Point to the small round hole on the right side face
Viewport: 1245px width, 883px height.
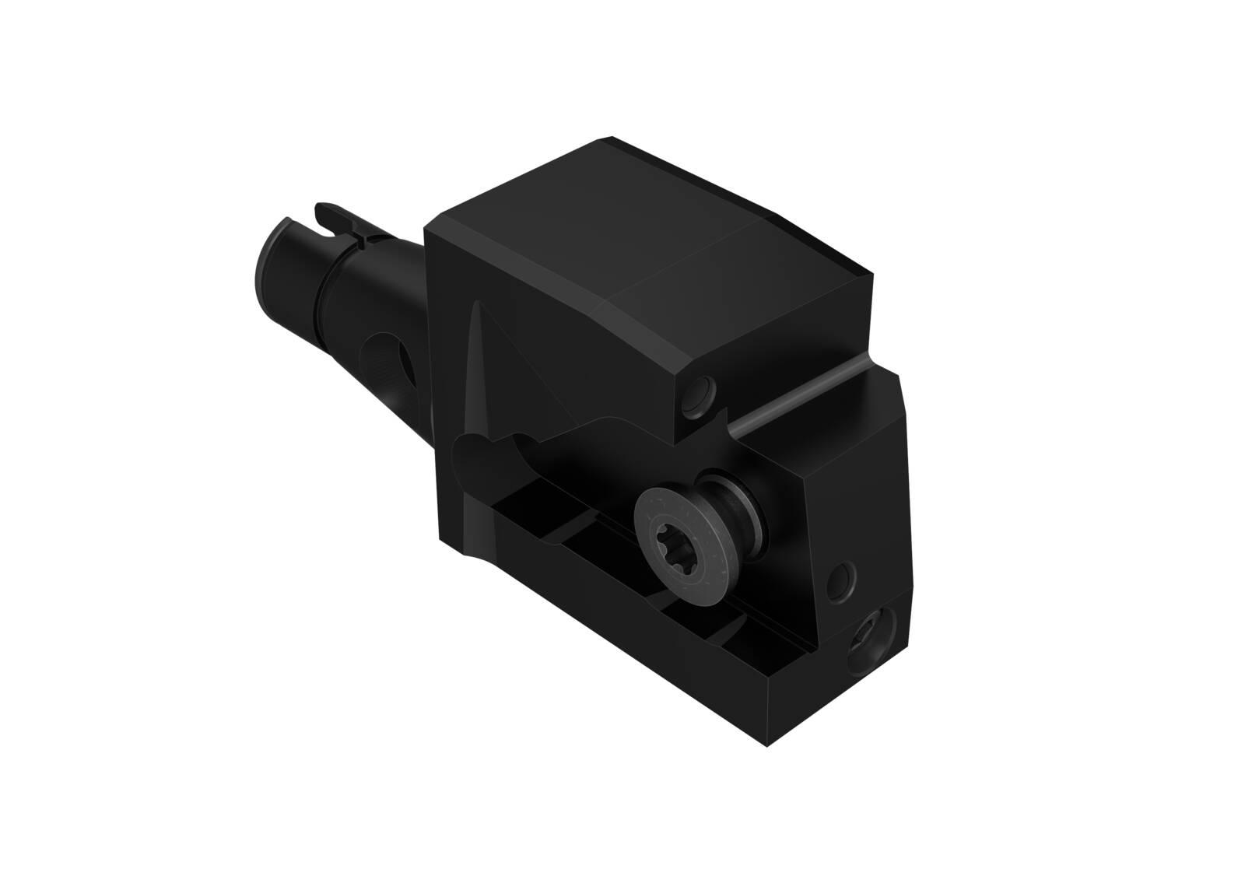pos(842,576)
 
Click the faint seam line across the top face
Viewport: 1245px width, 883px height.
pos(685,265)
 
